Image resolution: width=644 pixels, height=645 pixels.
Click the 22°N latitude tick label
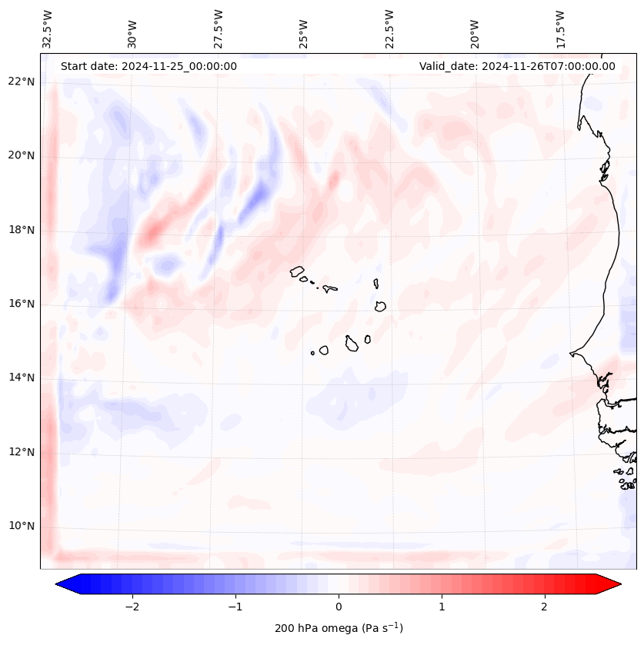[21, 81]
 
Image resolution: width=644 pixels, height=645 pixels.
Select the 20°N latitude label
[21, 156]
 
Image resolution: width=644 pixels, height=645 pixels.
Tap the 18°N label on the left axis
[21, 230]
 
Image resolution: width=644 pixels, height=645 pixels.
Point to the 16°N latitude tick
[21, 304]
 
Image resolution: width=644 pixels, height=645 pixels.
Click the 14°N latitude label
[21, 377]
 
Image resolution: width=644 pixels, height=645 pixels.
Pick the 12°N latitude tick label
[21, 452]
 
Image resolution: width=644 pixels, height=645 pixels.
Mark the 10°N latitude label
[21, 526]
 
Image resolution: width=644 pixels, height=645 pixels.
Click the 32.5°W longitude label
[48, 29]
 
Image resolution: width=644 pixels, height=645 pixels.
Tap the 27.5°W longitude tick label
[219, 29]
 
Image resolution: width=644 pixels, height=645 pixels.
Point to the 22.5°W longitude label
[389, 29]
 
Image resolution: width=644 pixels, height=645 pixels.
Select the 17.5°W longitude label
[560, 29]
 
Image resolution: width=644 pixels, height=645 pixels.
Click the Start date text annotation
[148, 66]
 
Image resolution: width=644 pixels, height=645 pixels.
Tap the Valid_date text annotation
[517, 66]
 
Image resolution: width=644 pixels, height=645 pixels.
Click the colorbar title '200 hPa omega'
[339, 628]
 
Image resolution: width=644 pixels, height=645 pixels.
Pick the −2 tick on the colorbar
[132, 606]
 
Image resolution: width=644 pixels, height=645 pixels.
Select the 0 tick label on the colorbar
[339, 606]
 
